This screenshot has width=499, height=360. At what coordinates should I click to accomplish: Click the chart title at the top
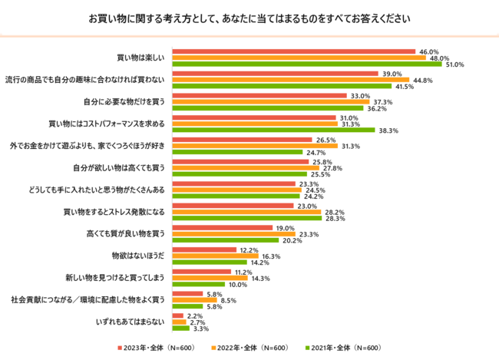(249, 18)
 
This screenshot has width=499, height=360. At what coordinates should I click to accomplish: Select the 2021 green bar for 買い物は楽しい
(307, 64)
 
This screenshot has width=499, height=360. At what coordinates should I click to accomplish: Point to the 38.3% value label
(387, 130)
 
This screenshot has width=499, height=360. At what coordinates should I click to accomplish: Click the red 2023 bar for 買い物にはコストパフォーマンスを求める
(254, 117)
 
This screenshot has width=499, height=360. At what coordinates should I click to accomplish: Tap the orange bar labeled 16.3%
(216, 256)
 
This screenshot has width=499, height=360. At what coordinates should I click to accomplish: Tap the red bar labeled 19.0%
(223, 227)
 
